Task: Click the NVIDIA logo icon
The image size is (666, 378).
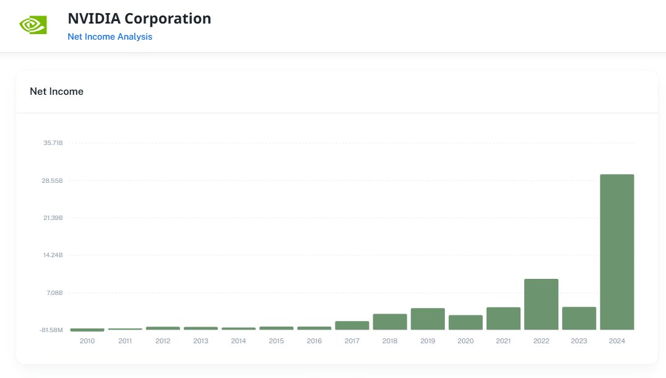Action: click(x=33, y=25)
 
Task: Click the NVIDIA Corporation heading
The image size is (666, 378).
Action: click(x=139, y=19)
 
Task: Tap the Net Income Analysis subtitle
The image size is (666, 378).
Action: click(x=110, y=37)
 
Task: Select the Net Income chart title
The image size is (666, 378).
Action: click(x=56, y=92)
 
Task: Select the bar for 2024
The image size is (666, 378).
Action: click(x=617, y=252)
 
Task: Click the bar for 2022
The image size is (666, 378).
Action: click(x=541, y=304)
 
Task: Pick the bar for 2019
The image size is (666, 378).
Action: click(x=428, y=319)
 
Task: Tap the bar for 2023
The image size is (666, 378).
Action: click(x=579, y=319)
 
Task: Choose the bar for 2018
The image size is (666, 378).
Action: click(x=390, y=322)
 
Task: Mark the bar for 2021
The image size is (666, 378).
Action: click(x=503, y=319)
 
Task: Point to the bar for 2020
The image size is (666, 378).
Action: click(x=465, y=322)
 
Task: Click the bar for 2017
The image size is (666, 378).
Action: click(x=352, y=325)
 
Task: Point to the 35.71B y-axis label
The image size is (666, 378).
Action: click(x=53, y=143)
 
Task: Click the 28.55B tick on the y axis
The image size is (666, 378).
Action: click(x=53, y=181)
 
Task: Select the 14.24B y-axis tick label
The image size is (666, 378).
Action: click(x=53, y=255)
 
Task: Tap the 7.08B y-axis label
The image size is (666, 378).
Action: click(x=54, y=292)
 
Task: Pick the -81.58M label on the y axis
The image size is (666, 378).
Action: click(x=51, y=330)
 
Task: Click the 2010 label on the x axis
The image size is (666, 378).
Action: click(x=87, y=341)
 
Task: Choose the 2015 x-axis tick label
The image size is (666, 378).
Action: click(x=277, y=341)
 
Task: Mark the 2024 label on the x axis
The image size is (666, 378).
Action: click(x=617, y=341)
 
